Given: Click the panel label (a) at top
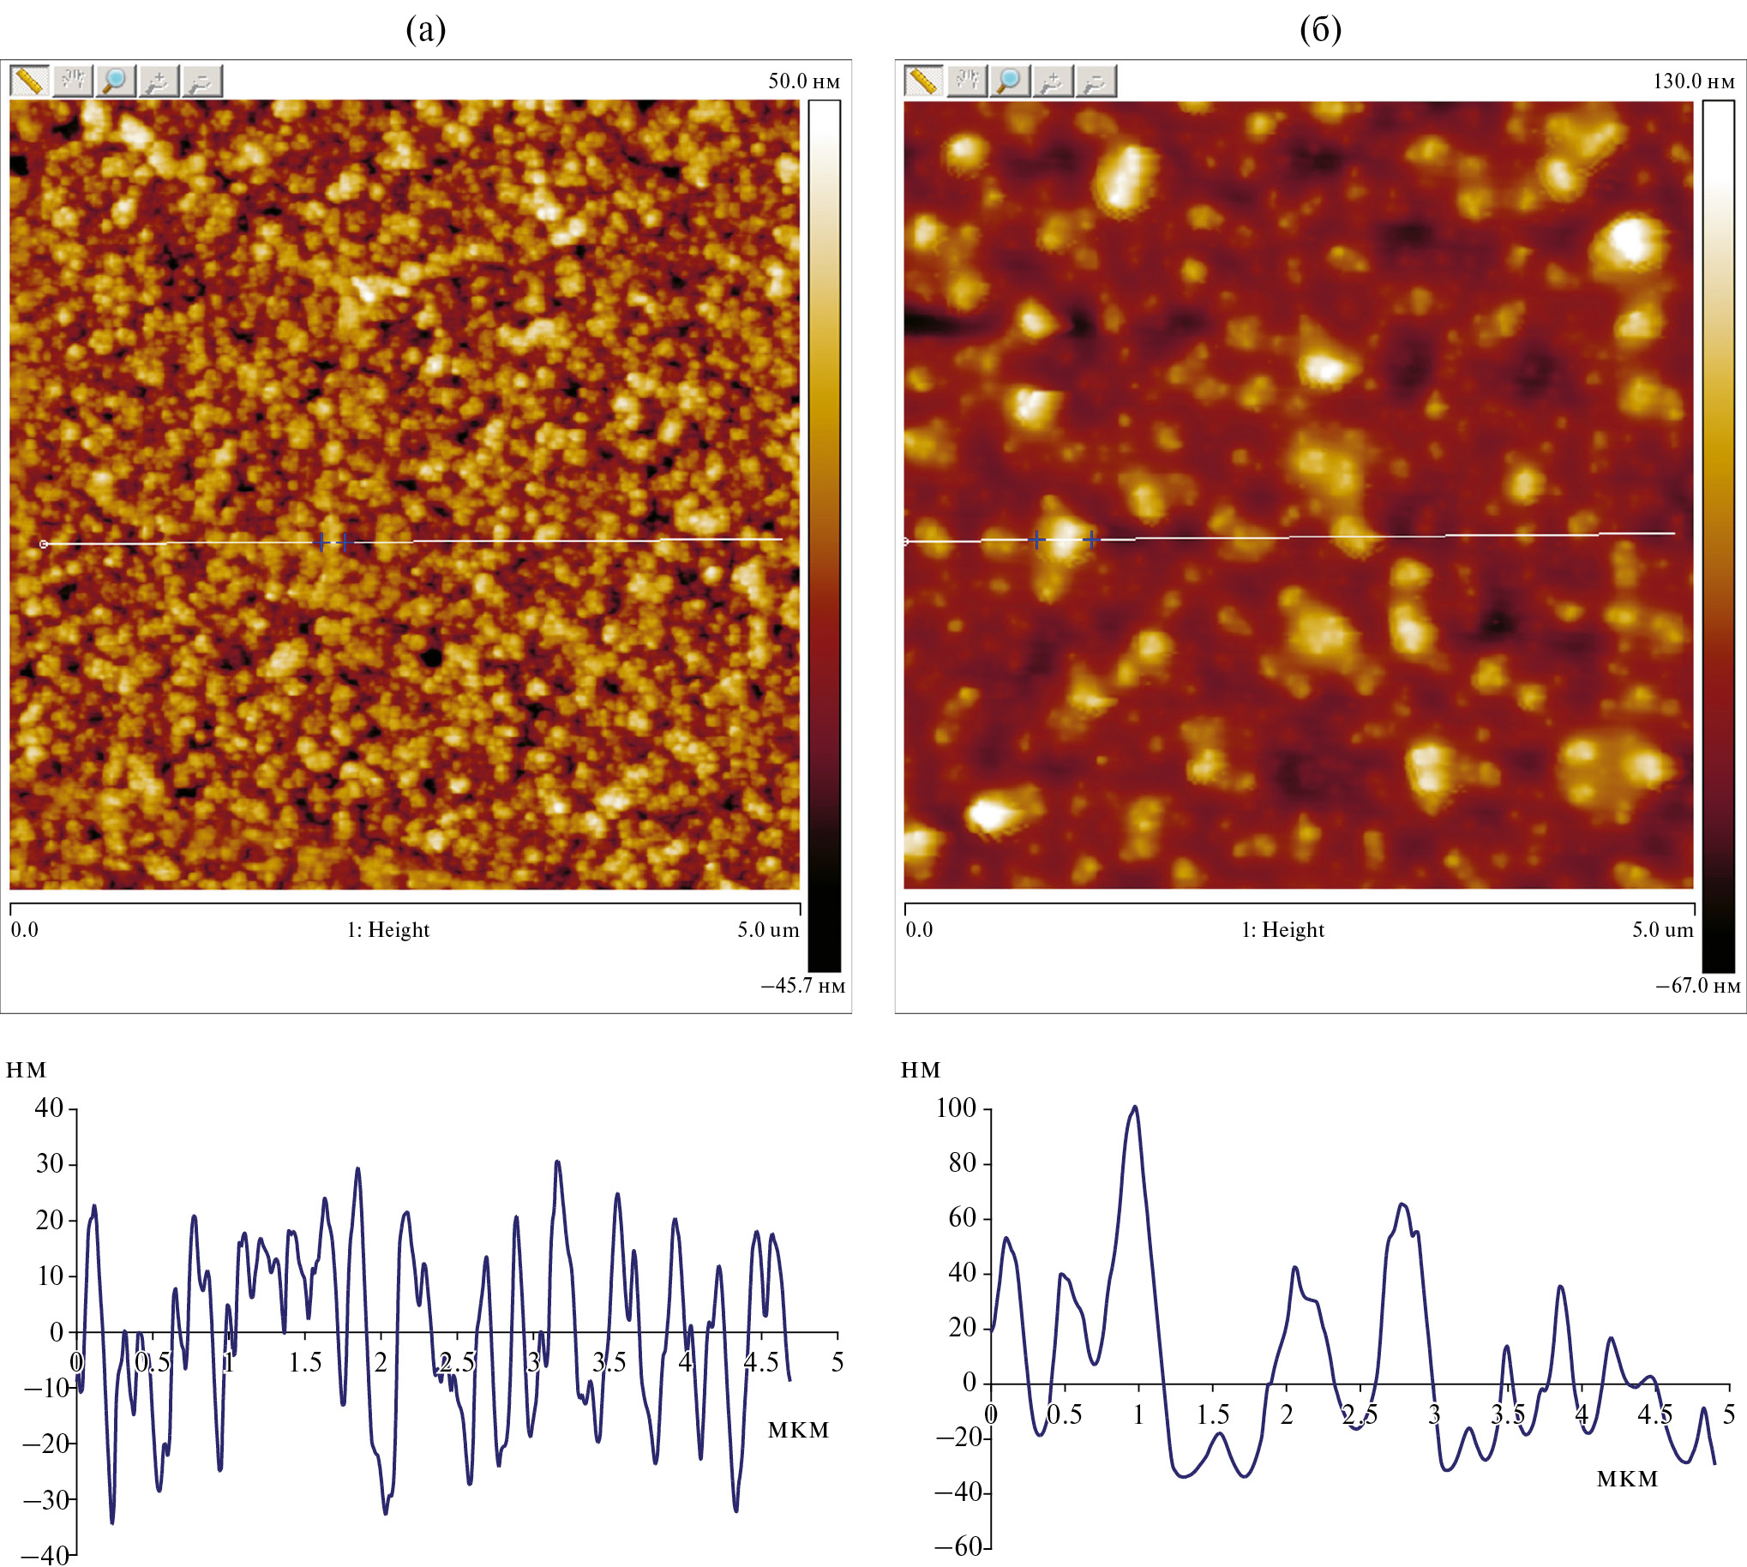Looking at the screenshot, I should click(425, 30).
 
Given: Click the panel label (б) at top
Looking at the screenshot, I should click(1320, 30).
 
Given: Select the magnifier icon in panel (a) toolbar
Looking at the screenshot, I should click(116, 81).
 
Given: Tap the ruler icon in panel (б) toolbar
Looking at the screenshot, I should click(923, 81).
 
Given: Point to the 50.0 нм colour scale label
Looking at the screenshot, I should click(803, 81).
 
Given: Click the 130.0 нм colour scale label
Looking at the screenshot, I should click(1694, 81).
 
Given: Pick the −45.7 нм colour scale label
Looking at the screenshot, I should click(802, 987).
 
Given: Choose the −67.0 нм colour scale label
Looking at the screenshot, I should click(1697, 987).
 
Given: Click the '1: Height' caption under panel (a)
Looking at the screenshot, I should click(387, 930).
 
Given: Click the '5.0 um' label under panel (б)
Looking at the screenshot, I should click(1662, 930).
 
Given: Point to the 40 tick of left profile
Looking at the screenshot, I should click(49, 1108).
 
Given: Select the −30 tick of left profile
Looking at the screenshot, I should click(45, 1501).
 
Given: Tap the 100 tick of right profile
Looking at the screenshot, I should click(956, 1108).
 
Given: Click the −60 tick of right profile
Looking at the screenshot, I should click(958, 1547).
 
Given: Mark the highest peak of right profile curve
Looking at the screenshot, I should click(1135, 1108).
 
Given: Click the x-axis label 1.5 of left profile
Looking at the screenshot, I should click(305, 1363).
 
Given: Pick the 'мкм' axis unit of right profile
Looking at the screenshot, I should click(1626, 1480).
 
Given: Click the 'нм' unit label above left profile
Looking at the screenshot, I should click(26, 1070).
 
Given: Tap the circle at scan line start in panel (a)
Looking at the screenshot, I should click(44, 544).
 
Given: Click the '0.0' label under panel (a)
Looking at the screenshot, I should click(24, 930).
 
